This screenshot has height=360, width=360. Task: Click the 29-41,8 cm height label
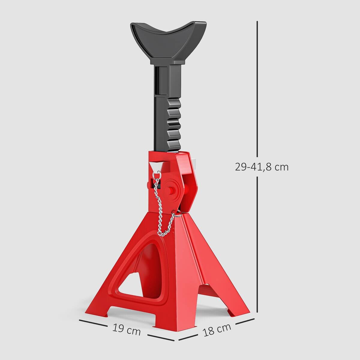pyautogui.click(x=262, y=167)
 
